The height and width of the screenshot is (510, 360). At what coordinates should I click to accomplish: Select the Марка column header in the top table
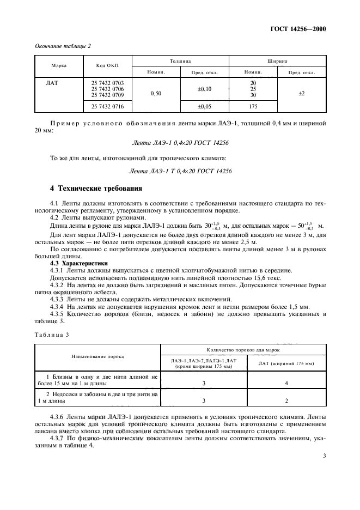tap(59, 65)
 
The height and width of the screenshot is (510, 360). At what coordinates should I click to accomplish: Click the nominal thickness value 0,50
tap(156, 94)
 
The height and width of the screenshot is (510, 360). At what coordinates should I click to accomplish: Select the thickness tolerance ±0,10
tap(204, 88)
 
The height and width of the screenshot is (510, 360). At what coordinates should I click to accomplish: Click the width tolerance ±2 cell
tap(302, 94)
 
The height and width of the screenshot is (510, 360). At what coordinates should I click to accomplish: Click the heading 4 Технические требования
tap(96, 189)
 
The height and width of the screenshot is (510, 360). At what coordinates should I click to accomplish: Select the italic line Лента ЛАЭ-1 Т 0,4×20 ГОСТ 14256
tap(180, 171)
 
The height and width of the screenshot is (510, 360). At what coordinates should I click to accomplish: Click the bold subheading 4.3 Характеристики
tap(78, 264)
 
